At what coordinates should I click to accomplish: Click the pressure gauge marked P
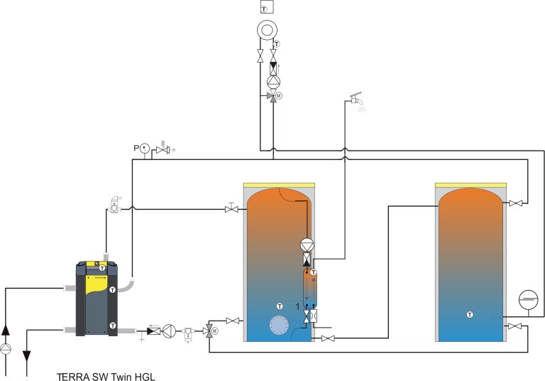tap(144, 149)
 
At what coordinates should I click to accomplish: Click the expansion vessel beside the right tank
tap(528, 300)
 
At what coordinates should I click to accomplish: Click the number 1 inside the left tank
tap(297, 307)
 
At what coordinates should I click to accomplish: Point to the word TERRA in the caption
tap(74, 377)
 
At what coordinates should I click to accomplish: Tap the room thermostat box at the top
tap(267, 7)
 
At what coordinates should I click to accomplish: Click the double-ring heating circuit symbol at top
tap(267, 31)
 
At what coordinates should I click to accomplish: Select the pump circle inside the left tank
tap(307, 245)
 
